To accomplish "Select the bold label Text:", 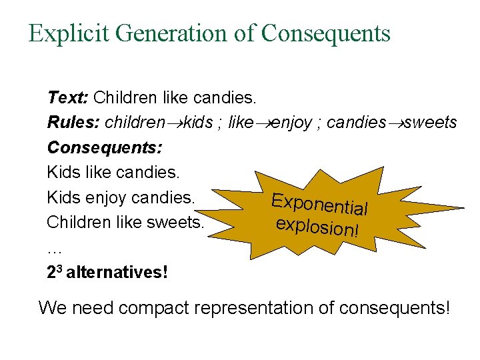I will click(x=67, y=98).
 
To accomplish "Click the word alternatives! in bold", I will click(x=116, y=272).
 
